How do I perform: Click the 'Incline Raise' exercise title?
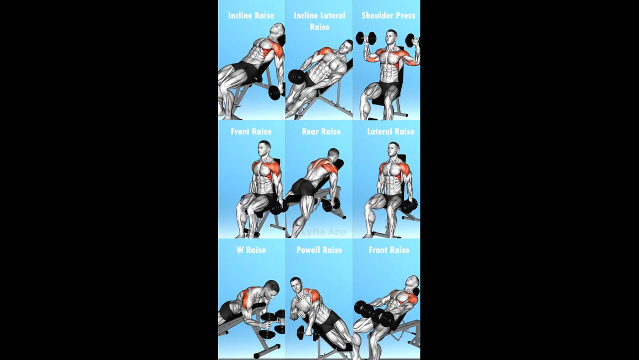pos(251,15)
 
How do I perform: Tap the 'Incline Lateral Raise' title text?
pos(319,21)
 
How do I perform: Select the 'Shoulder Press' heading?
pos(388,15)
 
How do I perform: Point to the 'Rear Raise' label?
pos(321,131)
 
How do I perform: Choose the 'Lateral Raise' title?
pos(390,131)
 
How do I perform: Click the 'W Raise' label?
pos(251,250)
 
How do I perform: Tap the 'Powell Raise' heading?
pos(319,250)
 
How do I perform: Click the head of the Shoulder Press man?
pos(392,38)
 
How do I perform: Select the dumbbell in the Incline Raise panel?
pos(274,92)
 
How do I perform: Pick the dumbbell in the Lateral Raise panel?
pos(409,205)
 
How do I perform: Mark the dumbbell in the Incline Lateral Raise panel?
pos(297,76)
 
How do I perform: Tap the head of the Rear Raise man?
pos(333,154)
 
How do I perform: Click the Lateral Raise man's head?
pos(394,150)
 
